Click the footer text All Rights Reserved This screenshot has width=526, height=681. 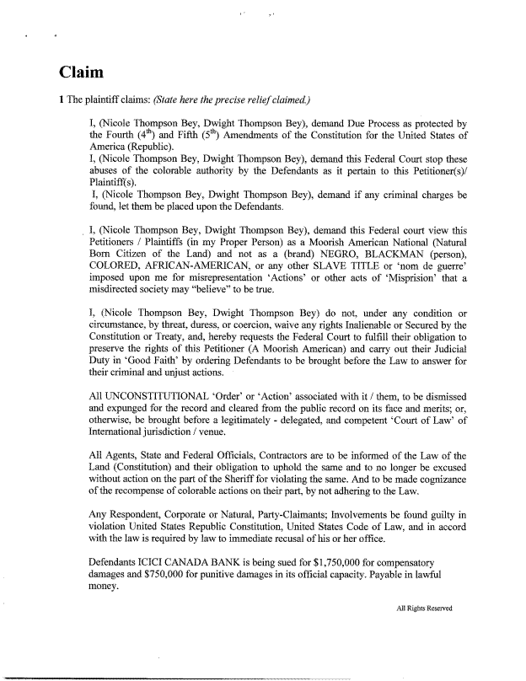[424, 609]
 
